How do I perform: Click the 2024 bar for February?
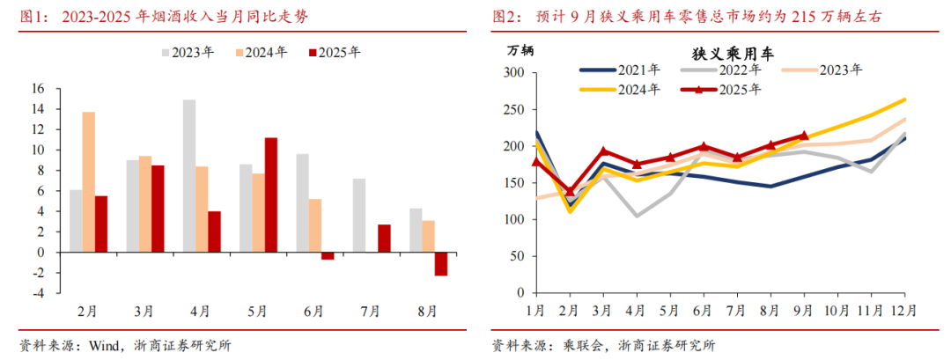pos(89,181)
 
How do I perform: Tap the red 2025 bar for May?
pos(271,195)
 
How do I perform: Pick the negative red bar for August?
pos(440,263)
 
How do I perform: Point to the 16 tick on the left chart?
pos(37,88)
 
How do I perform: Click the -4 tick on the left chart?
pos(37,293)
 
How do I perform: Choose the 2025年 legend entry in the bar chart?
pos(334,53)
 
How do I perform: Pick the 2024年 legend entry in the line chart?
pos(622,89)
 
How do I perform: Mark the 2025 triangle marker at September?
pos(803,136)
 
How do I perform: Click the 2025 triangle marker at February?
pos(570,190)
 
